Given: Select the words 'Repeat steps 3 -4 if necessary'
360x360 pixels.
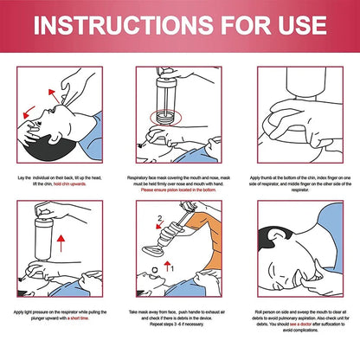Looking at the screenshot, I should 179,322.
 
